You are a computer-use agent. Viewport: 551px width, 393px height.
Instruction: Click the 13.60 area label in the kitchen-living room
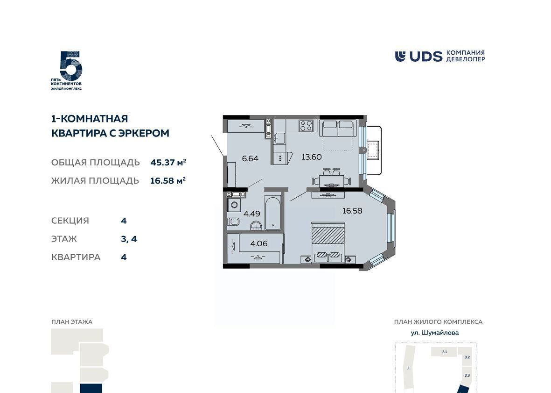[x=312, y=157]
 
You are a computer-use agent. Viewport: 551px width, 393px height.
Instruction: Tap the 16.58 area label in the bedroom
[x=352, y=211]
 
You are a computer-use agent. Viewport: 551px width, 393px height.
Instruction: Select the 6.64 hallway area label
[x=250, y=158]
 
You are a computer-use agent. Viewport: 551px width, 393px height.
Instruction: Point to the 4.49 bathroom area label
[x=251, y=214]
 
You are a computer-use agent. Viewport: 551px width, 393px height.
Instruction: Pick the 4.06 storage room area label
[x=258, y=243]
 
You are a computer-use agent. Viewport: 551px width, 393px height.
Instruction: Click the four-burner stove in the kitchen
[x=306, y=126]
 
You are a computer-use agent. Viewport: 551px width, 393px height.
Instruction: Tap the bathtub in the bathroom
[x=272, y=213]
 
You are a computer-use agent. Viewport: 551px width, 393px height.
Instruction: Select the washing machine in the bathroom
[x=234, y=204]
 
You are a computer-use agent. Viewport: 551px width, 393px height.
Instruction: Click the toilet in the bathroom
[x=233, y=222]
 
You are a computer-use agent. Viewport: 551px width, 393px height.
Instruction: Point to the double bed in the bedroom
[x=328, y=242]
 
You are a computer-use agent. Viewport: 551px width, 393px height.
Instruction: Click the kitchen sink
[x=280, y=138]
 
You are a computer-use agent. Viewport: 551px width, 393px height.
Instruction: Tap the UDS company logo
[x=439, y=56]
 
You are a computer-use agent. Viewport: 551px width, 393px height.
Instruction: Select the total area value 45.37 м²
[x=168, y=162]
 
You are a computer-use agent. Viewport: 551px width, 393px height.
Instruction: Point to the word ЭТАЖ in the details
[x=64, y=239]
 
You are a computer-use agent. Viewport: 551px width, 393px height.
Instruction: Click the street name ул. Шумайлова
[x=435, y=332]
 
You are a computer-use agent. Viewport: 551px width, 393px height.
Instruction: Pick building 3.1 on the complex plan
[x=444, y=352]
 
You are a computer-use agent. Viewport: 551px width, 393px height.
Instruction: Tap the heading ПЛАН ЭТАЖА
[x=72, y=322]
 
